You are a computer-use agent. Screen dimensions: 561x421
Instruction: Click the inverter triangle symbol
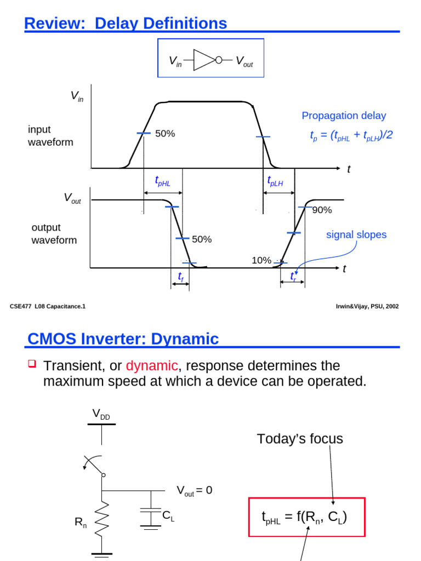click(x=204, y=60)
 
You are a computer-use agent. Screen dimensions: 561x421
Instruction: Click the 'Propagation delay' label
click(x=344, y=116)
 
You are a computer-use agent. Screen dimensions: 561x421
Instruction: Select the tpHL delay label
click(x=163, y=182)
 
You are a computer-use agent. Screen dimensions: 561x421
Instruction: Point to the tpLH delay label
click(x=275, y=181)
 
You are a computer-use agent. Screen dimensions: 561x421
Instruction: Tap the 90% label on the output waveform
click(x=322, y=210)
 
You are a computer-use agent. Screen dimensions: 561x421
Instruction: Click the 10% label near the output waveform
click(x=261, y=260)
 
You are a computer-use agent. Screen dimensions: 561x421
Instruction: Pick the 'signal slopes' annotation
click(x=356, y=234)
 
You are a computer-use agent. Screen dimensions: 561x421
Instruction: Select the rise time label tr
click(x=293, y=278)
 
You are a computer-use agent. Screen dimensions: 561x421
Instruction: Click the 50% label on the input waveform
click(x=165, y=133)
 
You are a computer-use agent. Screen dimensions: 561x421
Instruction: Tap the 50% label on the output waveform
click(x=202, y=239)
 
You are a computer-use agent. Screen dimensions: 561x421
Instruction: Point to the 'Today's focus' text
click(x=300, y=438)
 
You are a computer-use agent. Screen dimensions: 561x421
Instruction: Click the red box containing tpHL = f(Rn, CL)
click(x=307, y=517)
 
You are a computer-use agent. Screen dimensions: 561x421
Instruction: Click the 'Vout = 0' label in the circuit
click(x=194, y=490)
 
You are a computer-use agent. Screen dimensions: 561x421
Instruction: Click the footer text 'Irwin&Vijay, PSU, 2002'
click(x=367, y=306)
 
